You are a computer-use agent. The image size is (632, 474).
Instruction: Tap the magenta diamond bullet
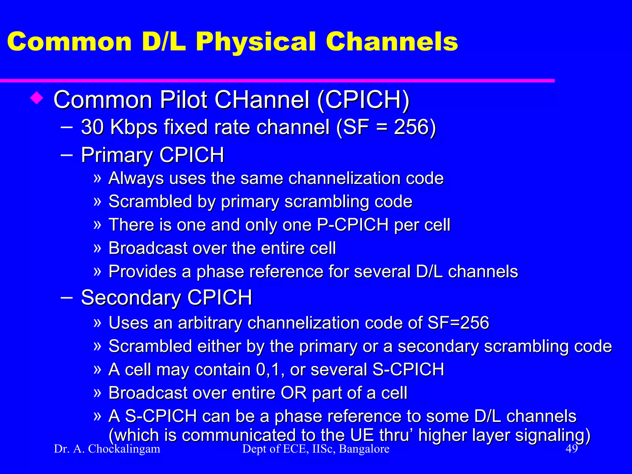tap(36, 99)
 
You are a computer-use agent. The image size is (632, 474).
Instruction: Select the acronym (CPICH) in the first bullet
tap(363, 100)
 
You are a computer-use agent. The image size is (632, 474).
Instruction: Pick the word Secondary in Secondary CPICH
tap(131, 298)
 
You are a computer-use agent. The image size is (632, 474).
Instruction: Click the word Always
tap(136, 179)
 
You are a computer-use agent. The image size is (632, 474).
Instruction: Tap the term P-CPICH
tap(353, 225)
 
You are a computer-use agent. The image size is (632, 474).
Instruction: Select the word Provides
tap(142, 272)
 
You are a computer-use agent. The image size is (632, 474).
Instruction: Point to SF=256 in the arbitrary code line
tap(458, 323)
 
